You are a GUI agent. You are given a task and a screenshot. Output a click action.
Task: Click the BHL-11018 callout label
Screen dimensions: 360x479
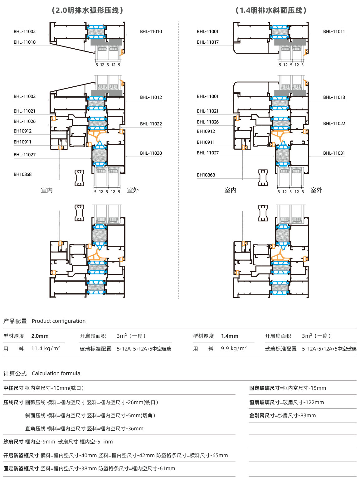[x=25, y=42]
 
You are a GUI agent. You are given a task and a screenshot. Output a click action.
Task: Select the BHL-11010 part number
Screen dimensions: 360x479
[x=151, y=31]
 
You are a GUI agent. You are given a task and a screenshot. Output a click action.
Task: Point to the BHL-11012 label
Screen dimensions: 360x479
[x=151, y=97]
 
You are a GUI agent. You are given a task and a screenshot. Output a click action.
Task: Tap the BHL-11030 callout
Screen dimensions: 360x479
[x=151, y=153]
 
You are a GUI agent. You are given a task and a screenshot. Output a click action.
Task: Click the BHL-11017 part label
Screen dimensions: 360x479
[x=208, y=42]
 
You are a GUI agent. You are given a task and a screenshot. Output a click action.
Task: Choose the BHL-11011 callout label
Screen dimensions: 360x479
[x=334, y=31]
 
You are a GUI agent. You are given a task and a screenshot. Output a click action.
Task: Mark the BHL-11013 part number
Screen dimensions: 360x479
[x=334, y=97]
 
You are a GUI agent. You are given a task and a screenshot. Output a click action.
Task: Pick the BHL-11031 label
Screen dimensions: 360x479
[x=334, y=153]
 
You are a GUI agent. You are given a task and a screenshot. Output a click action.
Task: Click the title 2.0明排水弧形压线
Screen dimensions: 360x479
[x=87, y=11]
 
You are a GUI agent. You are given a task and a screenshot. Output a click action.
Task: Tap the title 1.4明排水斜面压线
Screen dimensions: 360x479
[x=271, y=11]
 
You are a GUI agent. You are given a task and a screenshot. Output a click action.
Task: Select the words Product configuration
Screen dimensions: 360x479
[x=59, y=321]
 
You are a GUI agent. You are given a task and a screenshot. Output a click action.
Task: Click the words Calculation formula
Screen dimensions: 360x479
[x=56, y=373]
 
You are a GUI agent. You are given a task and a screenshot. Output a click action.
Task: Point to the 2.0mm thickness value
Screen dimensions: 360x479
[x=40, y=336]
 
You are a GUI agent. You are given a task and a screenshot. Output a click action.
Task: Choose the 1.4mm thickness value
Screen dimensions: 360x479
[x=230, y=336]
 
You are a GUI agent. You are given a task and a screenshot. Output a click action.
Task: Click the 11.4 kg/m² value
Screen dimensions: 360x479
[x=46, y=349]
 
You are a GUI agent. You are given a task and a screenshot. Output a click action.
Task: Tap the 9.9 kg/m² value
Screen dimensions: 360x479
[x=234, y=349]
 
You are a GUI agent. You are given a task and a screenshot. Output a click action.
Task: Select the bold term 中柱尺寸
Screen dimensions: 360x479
[x=13, y=388]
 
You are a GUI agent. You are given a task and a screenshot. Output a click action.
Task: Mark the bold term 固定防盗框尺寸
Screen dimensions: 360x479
[x=21, y=468]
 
